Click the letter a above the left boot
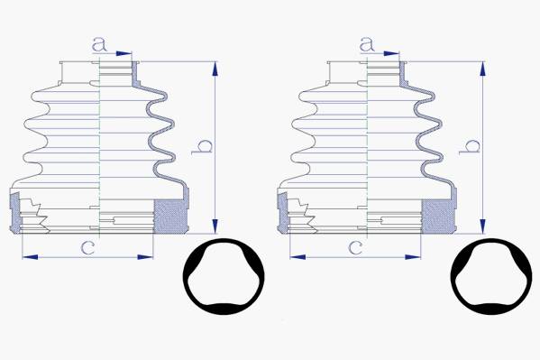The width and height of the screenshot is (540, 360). point(99,44)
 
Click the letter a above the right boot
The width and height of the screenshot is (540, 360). point(367,44)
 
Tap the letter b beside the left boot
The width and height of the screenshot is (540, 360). point(202,147)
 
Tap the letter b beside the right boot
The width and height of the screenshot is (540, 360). point(470,147)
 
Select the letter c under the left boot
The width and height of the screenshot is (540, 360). point(87,247)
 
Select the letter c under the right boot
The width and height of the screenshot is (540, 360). point(355,247)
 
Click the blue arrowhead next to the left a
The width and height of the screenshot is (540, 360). point(124,53)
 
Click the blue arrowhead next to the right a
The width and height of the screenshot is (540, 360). point(391,53)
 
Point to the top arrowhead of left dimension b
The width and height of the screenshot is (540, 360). point(215,69)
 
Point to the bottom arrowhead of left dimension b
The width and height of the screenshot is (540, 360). point(215,226)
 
